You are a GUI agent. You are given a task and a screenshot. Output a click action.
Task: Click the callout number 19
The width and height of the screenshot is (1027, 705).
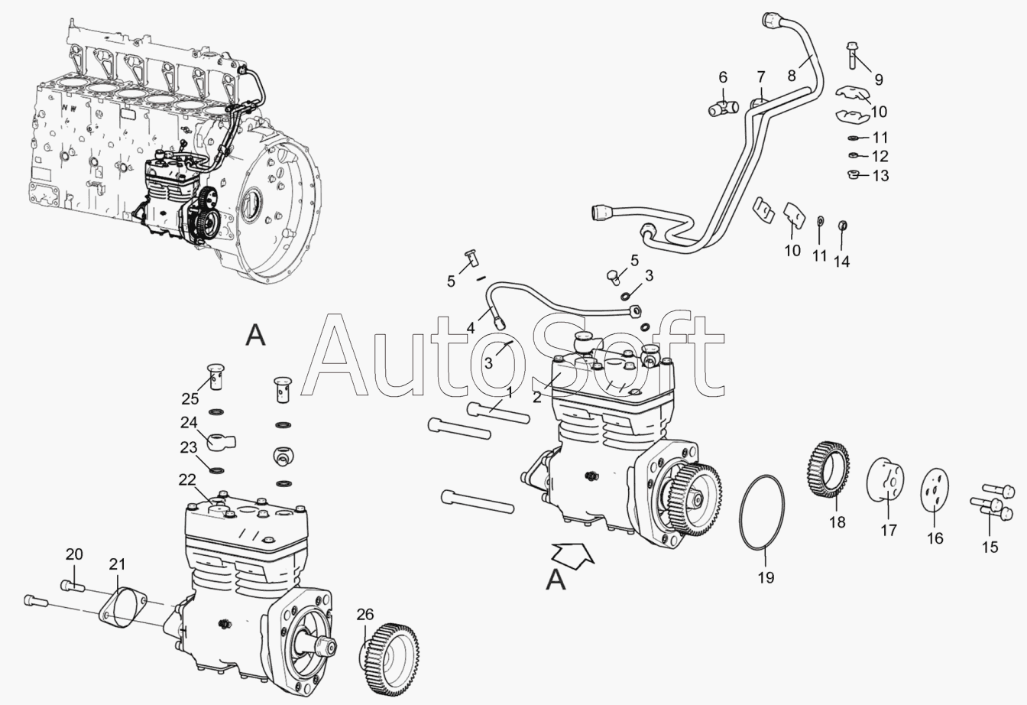766,577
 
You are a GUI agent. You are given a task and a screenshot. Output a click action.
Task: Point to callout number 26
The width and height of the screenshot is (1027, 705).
365,614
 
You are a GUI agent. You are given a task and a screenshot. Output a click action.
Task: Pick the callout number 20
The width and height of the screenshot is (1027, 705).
74,554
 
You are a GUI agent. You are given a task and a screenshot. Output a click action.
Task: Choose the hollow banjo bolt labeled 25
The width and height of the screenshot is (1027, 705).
215,376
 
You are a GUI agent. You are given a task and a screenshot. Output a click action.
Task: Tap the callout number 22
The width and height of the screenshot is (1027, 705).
187,479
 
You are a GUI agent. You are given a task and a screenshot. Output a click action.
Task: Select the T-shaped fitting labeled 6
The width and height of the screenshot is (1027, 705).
724,109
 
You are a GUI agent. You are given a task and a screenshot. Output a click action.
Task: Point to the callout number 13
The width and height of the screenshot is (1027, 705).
880,176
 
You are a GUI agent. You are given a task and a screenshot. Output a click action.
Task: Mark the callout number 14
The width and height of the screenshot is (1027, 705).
842,262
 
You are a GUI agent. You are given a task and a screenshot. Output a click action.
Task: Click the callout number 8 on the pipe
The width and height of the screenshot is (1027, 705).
792,75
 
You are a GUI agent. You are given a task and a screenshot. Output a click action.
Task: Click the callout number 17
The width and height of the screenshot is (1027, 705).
889,530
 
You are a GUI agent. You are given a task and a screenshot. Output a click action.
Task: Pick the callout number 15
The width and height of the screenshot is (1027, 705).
990,547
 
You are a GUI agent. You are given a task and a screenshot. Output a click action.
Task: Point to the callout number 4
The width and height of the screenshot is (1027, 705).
471,329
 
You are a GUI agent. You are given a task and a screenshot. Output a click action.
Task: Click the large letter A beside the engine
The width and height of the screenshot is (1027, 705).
255,335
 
